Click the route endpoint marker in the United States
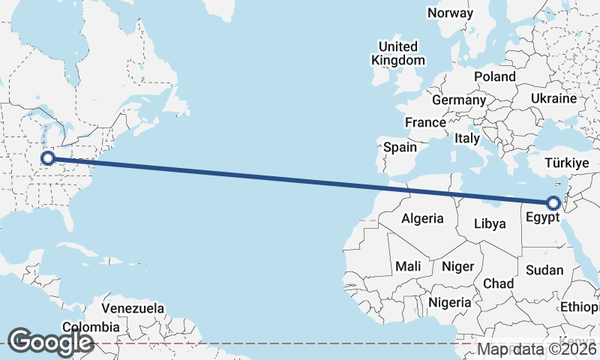pos(48,158)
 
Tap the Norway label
pos(450,13)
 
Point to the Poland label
pos(495,76)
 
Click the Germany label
pos(459,100)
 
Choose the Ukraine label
pos(553,98)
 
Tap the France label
pos(425,122)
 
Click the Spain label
pos(400,147)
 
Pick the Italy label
pos(467,139)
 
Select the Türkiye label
pos(568,163)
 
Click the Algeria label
pos(423,219)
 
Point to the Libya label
pos(490,223)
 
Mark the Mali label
pos(408,266)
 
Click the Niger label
pos(458,266)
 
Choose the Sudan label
pos(544,270)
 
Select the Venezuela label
pos(133,308)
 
